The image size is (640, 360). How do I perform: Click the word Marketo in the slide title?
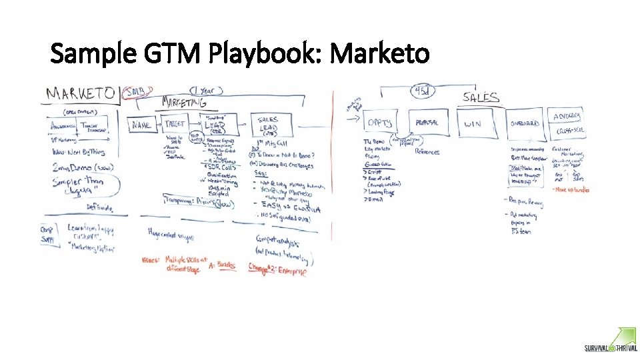(x=380, y=53)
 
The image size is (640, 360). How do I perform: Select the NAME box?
(x=141, y=125)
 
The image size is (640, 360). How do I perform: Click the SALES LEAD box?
(x=268, y=124)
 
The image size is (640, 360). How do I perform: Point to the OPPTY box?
(x=380, y=123)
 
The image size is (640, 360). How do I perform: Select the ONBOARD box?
(x=524, y=123)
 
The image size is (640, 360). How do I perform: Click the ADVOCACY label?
(x=567, y=115)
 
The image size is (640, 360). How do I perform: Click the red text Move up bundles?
(x=571, y=189)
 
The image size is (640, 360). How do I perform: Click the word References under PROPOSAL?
(x=427, y=152)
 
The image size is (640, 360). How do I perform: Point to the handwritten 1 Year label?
(x=203, y=90)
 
